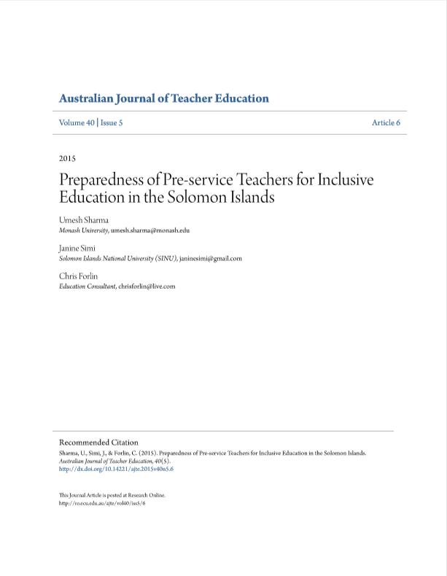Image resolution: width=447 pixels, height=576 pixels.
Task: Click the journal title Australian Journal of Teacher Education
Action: click(163, 98)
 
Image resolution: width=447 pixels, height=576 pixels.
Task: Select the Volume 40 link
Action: click(77, 123)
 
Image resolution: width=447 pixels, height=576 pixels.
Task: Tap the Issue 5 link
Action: click(111, 123)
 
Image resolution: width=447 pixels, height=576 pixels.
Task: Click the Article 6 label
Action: click(386, 123)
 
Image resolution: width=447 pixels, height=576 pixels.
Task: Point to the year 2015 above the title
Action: click(67, 158)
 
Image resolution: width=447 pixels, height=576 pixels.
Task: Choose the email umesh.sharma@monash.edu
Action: click(150, 230)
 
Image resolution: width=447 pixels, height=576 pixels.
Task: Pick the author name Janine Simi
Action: click(78, 248)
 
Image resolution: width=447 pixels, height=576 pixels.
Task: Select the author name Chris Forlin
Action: click(78, 276)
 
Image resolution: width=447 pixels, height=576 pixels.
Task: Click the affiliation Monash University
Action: click(83, 230)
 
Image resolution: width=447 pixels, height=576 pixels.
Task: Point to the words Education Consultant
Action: click(87, 287)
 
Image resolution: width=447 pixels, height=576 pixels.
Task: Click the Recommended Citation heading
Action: click(98, 442)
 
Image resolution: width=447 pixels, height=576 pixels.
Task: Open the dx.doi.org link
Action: click(116, 469)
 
